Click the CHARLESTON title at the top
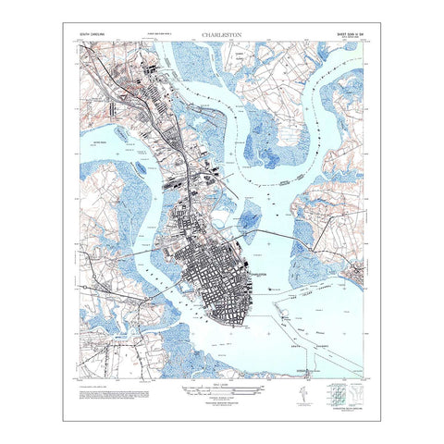(222, 37)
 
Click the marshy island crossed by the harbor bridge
(250, 221)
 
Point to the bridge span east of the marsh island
(281, 232)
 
